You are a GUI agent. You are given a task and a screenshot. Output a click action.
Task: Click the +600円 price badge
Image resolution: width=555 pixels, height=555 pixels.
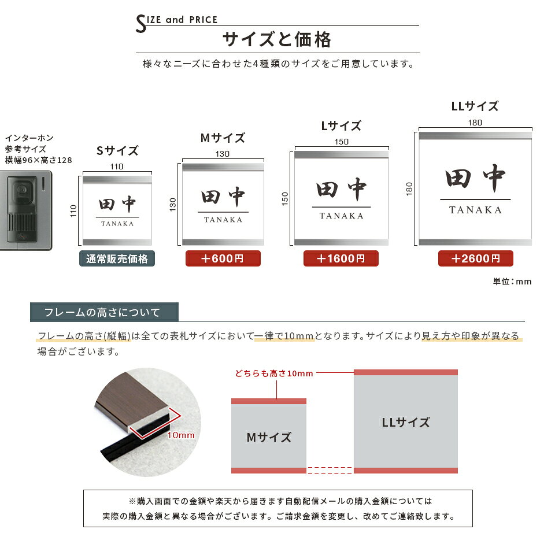[x=223, y=258]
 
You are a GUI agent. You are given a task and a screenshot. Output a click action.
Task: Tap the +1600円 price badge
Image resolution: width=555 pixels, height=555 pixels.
[x=341, y=258]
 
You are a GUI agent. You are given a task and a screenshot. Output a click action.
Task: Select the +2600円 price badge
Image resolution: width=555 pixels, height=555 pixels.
[x=475, y=258]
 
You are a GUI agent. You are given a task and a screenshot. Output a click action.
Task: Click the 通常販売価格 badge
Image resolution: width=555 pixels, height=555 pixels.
[x=117, y=259]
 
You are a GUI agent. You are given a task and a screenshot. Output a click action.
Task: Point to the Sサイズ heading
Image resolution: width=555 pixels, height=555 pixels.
[x=117, y=151]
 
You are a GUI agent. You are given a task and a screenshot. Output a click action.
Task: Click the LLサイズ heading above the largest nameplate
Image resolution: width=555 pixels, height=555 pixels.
[x=475, y=106]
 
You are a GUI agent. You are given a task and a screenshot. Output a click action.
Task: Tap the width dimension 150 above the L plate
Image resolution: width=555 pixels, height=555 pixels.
[x=342, y=142]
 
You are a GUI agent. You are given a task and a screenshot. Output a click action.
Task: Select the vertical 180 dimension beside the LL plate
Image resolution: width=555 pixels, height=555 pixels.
[x=409, y=188]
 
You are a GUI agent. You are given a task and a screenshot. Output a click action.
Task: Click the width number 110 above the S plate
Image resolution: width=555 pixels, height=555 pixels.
[x=116, y=166]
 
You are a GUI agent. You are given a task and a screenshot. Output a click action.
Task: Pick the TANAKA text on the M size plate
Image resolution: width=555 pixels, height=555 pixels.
[x=223, y=220]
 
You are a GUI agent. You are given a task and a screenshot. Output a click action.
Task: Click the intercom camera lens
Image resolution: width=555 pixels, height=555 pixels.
[x=22, y=190]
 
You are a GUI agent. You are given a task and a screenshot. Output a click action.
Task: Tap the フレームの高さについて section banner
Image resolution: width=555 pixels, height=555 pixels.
[x=104, y=312]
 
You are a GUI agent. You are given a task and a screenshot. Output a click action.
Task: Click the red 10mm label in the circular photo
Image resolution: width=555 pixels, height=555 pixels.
[x=181, y=435]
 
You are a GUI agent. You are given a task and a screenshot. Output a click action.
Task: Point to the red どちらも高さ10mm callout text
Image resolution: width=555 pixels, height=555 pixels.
[x=274, y=373]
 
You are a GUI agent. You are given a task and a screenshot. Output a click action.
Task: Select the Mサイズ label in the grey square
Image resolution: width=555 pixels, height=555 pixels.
[x=269, y=438]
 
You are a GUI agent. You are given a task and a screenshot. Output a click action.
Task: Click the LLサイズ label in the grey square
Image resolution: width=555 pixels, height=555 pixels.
[x=406, y=422]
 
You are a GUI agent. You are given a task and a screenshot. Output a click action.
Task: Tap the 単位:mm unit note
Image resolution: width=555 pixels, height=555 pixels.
[x=512, y=282]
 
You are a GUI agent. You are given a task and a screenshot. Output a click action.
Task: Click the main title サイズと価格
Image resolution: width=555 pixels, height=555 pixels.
[x=277, y=39]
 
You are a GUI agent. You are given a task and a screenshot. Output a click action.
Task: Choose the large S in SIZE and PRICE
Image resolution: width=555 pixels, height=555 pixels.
[x=141, y=24]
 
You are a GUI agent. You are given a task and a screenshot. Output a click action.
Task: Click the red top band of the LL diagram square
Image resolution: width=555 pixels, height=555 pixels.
[x=406, y=372]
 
